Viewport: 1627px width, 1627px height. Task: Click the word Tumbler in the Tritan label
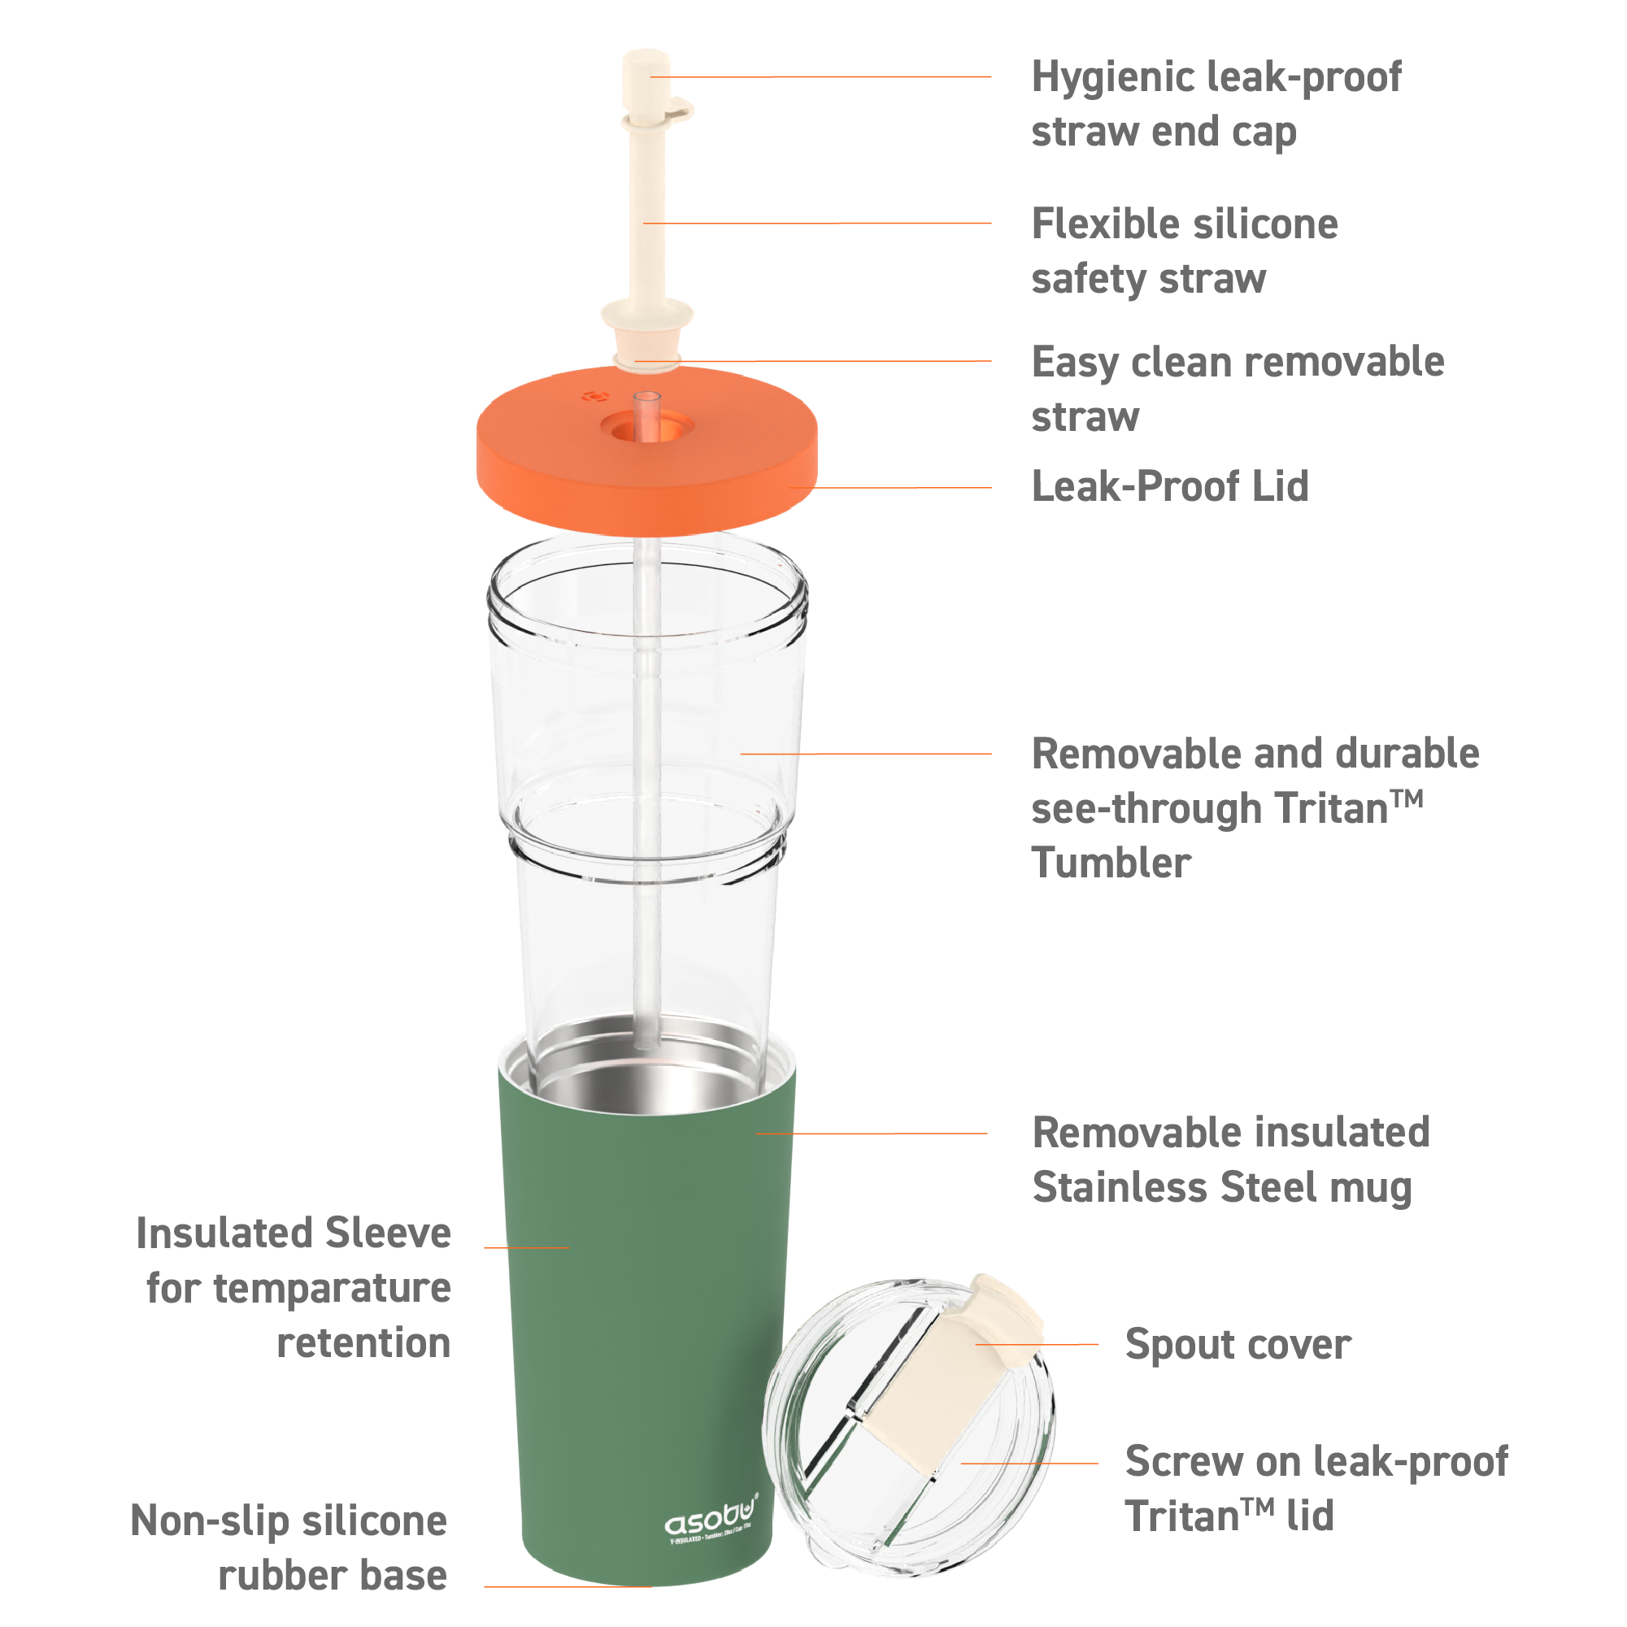(x=1111, y=864)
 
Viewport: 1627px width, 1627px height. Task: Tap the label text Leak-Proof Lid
(x=1170, y=487)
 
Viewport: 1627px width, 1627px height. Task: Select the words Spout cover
(x=1237, y=1344)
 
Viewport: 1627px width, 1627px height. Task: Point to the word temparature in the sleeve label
(x=332, y=1289)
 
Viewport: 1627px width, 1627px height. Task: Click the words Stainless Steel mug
(x=1222, y=1187)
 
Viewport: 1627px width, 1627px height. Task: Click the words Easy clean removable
(x=1237, y=362)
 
